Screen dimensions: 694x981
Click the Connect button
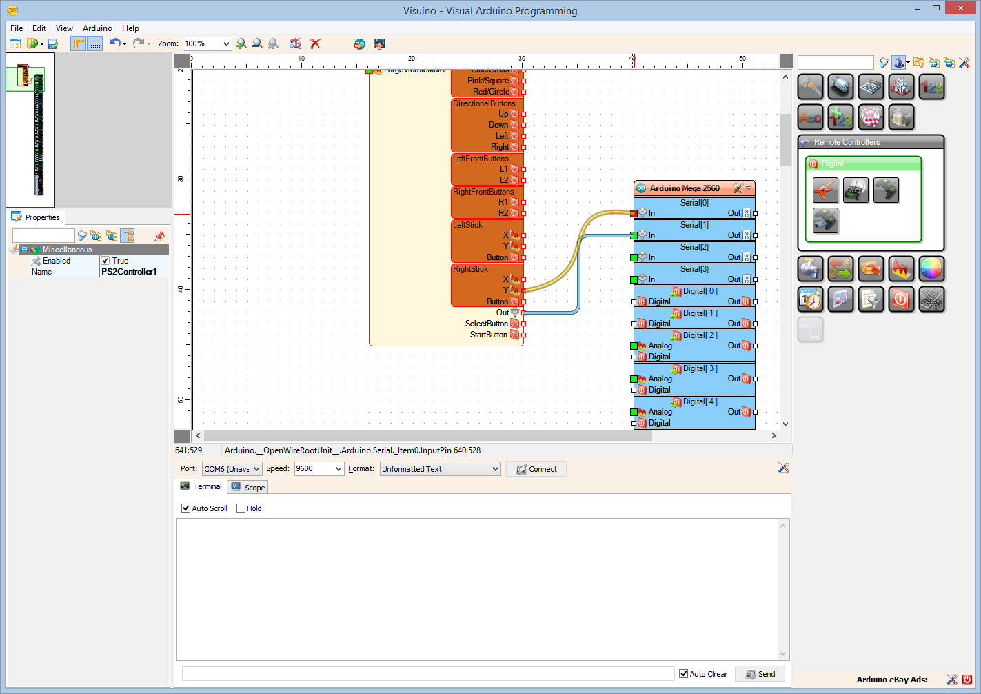click(536, 469)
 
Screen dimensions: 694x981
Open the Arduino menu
click(97, 28)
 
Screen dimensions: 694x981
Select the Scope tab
click(249, 488)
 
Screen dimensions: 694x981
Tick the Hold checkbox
click(241, 508)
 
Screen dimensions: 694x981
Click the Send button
click(760, 674)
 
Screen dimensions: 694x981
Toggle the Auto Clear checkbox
click(683, 674)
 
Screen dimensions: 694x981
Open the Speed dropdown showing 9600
click(318, 469)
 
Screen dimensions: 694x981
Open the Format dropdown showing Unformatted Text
click(440, 469)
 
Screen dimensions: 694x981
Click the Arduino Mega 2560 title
click(684, 188)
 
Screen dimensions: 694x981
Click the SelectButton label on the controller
click(486, 324)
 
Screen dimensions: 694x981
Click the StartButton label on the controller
click(488, 335)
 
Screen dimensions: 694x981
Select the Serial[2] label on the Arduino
click(694, 247)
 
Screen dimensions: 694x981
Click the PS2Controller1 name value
click(129, 272)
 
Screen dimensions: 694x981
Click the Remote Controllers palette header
click(847, 142)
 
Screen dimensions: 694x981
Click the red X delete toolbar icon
click(316, 43)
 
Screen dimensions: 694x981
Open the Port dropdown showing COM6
click(232, 469)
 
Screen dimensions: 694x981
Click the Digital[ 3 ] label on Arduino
click(700, 368)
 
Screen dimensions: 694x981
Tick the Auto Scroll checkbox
click(185, 508)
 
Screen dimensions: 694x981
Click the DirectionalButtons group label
click(484, 103)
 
